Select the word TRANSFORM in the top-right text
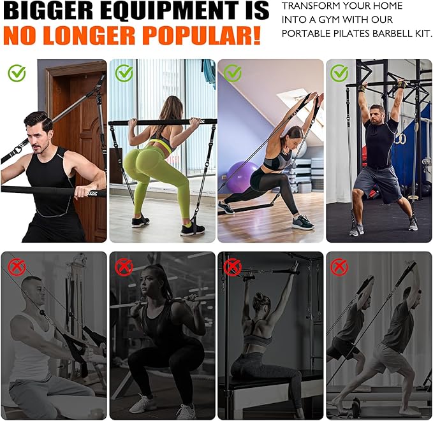312,5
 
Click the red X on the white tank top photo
17,266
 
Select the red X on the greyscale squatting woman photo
124,266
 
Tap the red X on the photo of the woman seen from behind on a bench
232,266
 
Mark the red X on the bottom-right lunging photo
339,266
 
